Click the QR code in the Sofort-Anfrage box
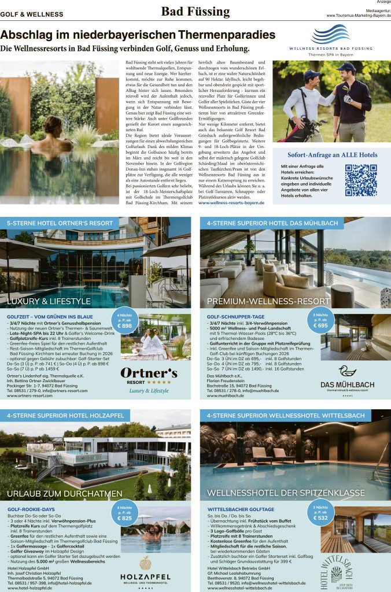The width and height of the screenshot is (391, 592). [x=360, y=180]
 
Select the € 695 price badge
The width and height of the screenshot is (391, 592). [x=320, y=321]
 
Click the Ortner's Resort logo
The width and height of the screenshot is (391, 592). [x=149, y=378]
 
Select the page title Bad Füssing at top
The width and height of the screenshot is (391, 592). [x=195, y=12]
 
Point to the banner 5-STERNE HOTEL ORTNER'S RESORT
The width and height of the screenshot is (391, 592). [x=60, y=223]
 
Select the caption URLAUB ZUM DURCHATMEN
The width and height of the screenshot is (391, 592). [x=57, y=494]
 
